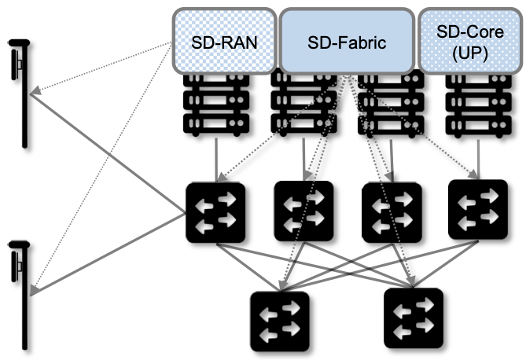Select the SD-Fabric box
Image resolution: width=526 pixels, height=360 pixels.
coord(347,40)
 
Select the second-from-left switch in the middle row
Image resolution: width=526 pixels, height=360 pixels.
coord(303,211)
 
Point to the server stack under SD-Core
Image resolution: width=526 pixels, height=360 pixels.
coord(473,102)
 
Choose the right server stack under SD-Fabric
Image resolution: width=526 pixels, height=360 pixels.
coord(388,102)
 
